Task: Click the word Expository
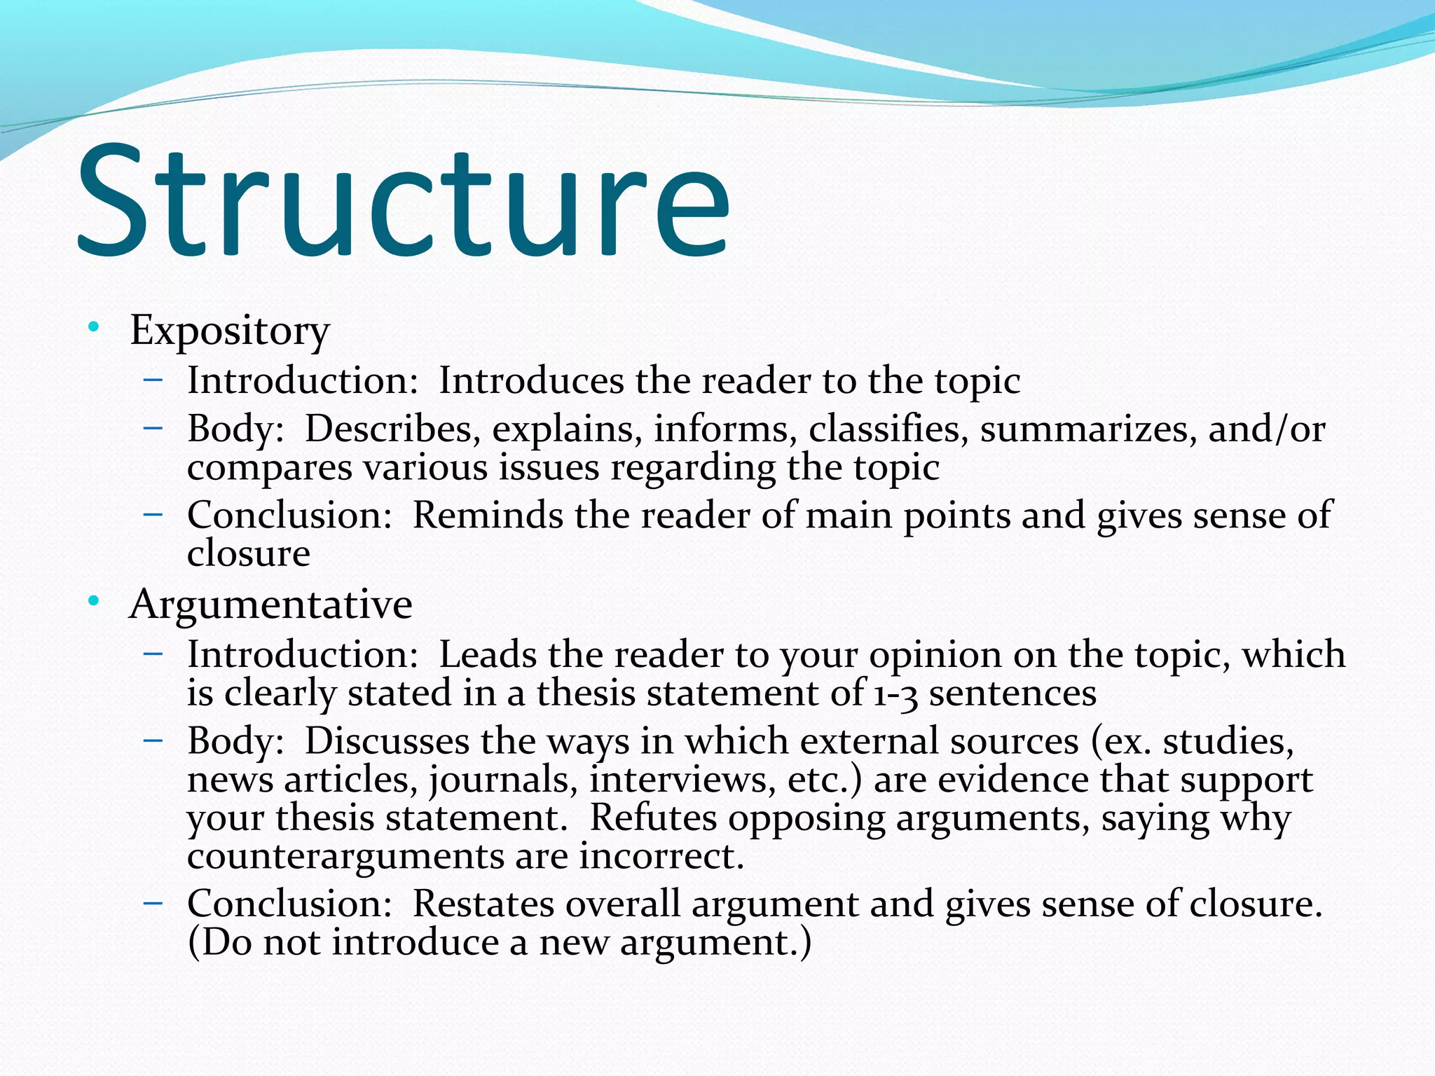[229, 330]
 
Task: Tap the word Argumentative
[270, 604]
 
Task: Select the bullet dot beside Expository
[93, 327]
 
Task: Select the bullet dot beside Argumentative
[93, 601]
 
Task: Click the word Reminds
[488, 516]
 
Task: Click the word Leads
[488, 655]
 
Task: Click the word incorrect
[661, 857]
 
